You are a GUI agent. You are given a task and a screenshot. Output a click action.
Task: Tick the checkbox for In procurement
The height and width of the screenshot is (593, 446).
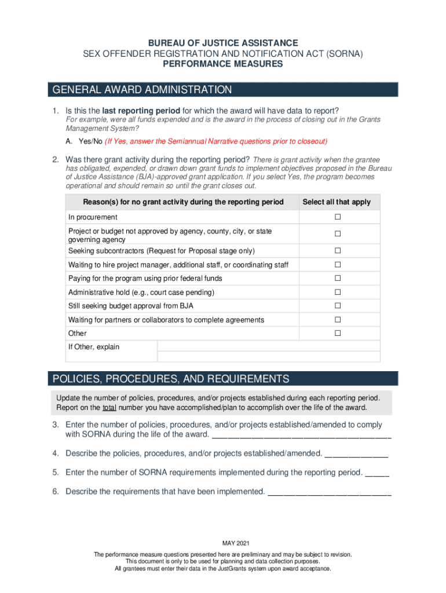point(337,217)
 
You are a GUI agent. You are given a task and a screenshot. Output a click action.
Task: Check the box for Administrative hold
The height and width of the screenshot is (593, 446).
point(337,292)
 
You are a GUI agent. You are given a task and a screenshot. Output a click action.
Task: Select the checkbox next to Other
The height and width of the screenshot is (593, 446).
point(337,333)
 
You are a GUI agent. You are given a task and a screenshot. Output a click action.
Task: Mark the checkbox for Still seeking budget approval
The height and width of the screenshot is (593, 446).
point(337,306)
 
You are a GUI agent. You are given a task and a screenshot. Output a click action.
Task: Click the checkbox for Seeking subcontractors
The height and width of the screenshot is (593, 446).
point(337,251)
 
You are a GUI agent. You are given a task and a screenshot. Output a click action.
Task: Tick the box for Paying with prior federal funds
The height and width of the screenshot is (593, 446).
point(337,278)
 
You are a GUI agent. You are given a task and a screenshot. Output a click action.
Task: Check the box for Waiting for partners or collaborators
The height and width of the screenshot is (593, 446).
point(337,320)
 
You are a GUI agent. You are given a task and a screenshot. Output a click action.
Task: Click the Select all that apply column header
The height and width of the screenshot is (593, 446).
point(337,202)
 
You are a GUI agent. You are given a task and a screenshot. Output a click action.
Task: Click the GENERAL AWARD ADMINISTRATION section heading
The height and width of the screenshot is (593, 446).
point(142,90)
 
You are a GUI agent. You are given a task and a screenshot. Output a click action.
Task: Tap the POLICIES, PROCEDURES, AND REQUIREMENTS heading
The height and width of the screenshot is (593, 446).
point(170,379)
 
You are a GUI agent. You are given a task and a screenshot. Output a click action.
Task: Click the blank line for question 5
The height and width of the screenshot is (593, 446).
point(377,473)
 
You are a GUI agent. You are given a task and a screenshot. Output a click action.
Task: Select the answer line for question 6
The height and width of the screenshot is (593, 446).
point(330,492)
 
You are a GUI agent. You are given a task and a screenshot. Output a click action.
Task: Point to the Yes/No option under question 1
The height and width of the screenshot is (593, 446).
point(84,141)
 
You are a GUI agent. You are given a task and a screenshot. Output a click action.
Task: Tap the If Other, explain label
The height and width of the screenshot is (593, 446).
point(94,347)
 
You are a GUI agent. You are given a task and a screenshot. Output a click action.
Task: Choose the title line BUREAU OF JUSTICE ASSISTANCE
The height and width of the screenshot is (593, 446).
point(223,43)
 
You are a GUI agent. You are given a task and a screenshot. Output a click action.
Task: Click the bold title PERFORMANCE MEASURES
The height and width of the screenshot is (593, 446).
point(223,64)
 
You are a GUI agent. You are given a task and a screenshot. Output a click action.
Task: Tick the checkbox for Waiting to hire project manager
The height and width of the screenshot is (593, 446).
point(337,265)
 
